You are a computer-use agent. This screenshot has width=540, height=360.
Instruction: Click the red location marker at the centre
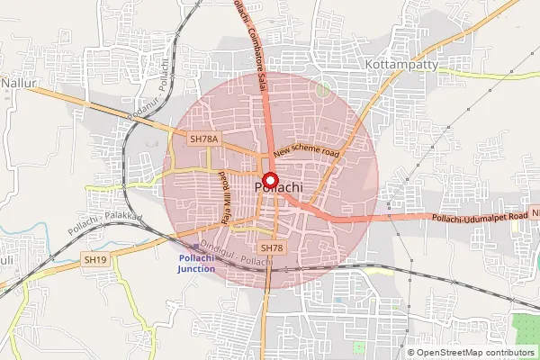(271, 178)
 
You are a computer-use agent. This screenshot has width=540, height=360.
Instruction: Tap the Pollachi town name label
(278, 187)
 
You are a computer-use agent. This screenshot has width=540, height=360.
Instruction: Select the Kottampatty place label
(400, 67)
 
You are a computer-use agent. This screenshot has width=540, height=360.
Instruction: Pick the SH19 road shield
(95, 259)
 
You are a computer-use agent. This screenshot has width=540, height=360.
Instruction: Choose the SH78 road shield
(271, 247)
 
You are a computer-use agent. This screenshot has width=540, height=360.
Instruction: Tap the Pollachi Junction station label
(196, 264)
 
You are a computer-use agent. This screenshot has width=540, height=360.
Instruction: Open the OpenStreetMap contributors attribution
(477, 353)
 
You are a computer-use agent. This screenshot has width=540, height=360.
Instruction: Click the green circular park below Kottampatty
(323, 89)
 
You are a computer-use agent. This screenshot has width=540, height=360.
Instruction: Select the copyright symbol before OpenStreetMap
(412, 353)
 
